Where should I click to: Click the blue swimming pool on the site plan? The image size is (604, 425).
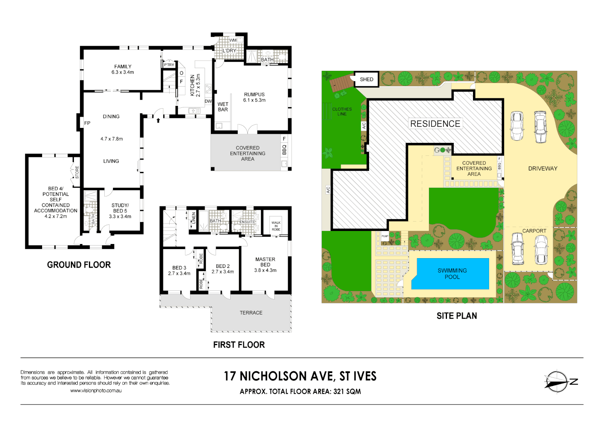click(453, 273)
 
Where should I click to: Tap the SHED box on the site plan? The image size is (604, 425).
click(366, 79)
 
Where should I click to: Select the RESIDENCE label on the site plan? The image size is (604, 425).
click(435, 124)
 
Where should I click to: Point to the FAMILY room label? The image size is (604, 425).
click(123, 67)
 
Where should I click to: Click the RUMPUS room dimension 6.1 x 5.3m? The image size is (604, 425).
click(254, 100)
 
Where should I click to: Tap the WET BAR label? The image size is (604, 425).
click(223, 107)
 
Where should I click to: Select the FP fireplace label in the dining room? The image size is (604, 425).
click(87, 123)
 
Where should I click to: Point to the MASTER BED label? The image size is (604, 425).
click(265, 262)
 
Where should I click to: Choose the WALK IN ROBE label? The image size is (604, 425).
click(276, 226)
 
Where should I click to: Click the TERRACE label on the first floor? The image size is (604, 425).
click(251, 313)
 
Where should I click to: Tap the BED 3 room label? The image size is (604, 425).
click(179, 268)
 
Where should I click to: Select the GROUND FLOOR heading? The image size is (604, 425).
click(79, 265)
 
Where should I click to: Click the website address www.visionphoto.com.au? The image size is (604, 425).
click(96, 391)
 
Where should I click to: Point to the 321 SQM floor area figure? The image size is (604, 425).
click(347, 392)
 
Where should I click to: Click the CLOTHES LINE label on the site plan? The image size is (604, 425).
click(342, 111)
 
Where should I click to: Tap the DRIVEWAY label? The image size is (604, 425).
click(543, 168)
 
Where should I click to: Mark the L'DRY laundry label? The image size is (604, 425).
click(229, 51)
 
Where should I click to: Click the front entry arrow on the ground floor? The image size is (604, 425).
click(158, 120)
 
